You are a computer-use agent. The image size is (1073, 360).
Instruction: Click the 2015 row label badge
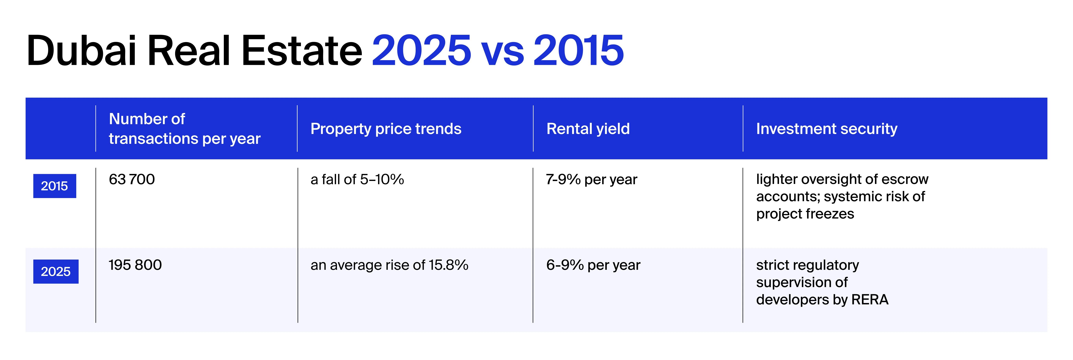[x=55, y=186]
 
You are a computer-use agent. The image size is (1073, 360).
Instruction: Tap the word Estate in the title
[x=302, y=51]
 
